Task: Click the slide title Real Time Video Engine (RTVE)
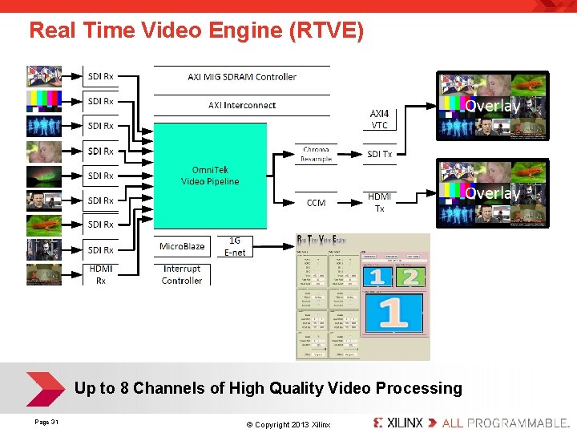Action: (x=196, y=31)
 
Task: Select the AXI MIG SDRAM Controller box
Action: (x=241, y=77)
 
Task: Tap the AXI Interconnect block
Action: (x=241, y=105)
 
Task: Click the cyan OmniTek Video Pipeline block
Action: (x=210, y=176)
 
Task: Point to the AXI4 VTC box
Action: (x=379, y=119)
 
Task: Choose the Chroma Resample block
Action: (x=316, y=154)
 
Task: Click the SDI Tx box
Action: (x=379, y=154)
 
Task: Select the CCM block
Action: (x=316, y=203)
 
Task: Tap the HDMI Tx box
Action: (x=379, y=202)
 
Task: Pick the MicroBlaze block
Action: (x=182, y=246)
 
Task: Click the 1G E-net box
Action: (x=235, y=246)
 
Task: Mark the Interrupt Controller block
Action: (x=182, y=274)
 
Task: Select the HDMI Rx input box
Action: (x=101, y=274)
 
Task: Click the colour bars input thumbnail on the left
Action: (x=43, y=101)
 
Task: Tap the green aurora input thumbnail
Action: (x=43, y=176)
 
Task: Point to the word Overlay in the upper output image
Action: (x=492, y=106)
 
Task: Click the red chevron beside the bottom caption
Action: (x=44, y=389)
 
